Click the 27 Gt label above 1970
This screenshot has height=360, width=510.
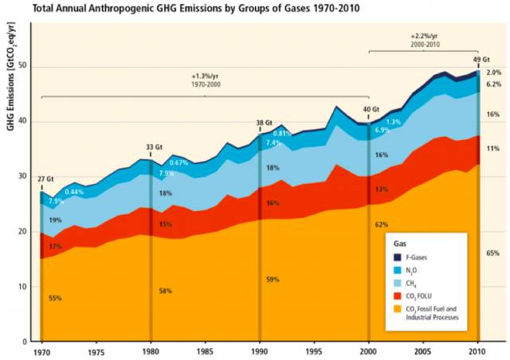(x=45, y=178)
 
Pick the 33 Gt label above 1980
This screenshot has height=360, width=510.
(x=154, y=147)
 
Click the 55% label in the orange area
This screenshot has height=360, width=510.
(x=54, y=298)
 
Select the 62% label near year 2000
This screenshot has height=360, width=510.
(x=381, y=225)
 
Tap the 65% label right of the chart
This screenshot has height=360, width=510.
(x=493, y=252)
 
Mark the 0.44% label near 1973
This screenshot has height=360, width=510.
(x=74, y=192)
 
